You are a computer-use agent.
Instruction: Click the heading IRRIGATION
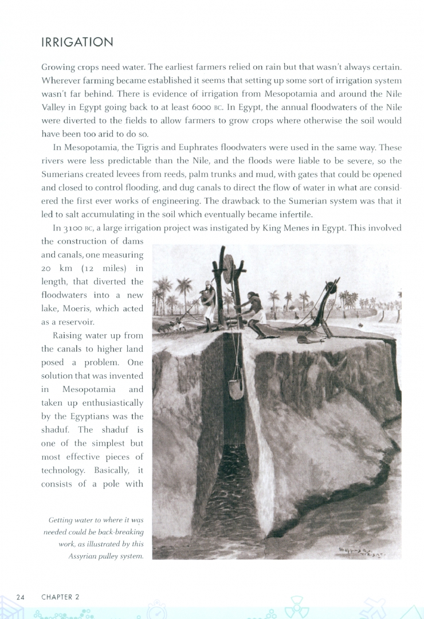tap(77, 42)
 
